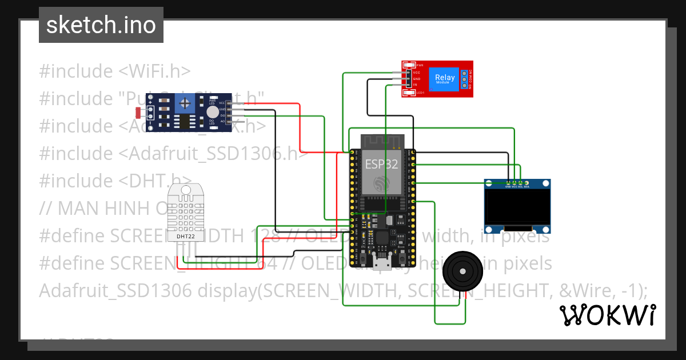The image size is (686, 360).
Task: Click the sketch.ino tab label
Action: coord(101,25)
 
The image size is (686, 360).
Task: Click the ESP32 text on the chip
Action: coord(382,165)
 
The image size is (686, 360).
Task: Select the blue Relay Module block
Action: coord(445,78)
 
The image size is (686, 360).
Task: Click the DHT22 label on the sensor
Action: coord(185,236)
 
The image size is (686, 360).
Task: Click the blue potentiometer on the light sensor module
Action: coord(185,103)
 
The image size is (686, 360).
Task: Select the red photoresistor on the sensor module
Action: coord(138,111)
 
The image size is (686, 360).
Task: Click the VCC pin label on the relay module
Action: coord(417,73)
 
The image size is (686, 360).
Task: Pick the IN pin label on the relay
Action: coord(415,85)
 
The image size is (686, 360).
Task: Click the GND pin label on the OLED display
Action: coord(508,186)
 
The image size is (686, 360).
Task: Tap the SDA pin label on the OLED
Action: coord(527,186)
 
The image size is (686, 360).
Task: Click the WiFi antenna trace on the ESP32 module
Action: coord(382,141)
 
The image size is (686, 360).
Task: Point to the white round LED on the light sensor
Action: coord(212,111)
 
